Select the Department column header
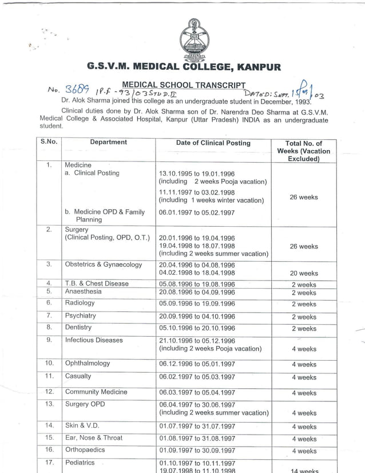[108, 142]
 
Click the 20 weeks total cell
[304, 273]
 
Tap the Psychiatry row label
[80, 316]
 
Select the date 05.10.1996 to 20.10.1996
[197, 328]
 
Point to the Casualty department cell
[78, 376]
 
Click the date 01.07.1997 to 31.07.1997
[197, 426]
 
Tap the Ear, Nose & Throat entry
[93, 437]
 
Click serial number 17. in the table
[49, 463]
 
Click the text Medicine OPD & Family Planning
[105, 215]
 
